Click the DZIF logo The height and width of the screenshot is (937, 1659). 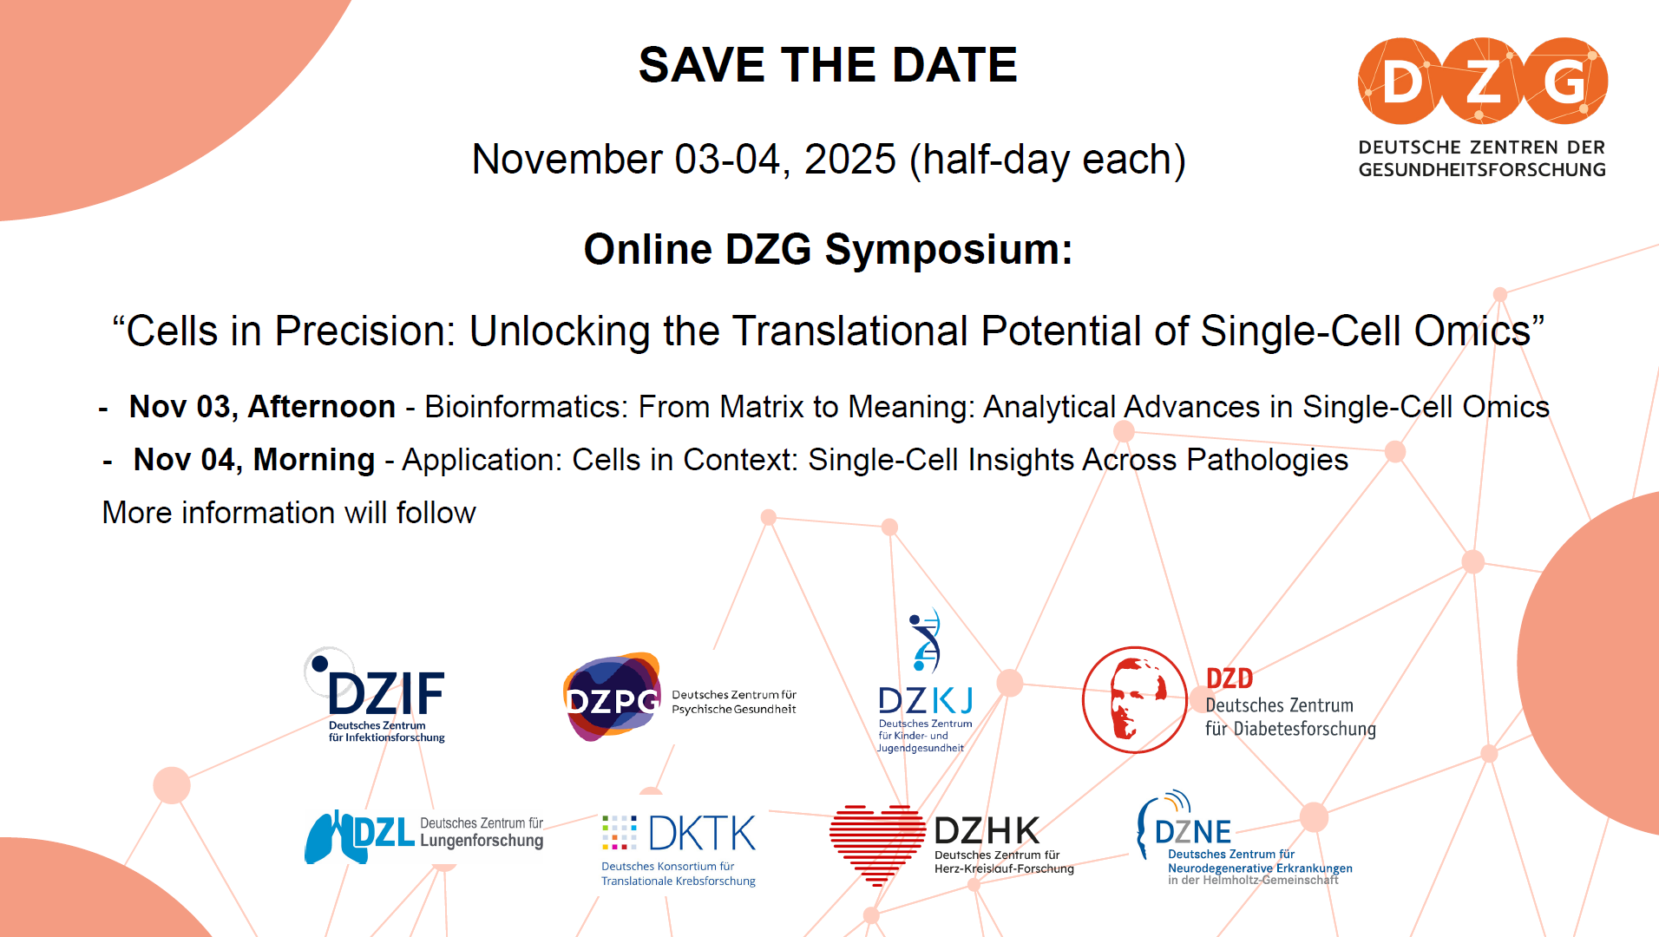point(375,695)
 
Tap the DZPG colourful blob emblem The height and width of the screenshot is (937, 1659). point(613,697)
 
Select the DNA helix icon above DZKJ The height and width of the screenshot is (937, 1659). point(926,640)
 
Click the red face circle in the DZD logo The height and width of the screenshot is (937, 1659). point(1134,699)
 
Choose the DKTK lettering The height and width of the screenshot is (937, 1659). point(702,834)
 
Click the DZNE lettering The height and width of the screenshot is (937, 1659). point(1193,832)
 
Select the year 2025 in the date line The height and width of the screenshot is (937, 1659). point(849,159)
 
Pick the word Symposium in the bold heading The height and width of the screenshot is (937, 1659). point(949,250)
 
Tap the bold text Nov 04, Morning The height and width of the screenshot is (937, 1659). point(254,460)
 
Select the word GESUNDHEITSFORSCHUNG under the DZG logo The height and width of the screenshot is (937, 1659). point(1482,170)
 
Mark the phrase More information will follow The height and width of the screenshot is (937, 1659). point(289,513)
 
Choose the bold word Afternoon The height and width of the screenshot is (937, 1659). point(322,407)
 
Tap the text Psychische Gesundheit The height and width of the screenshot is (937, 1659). point(734,710)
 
